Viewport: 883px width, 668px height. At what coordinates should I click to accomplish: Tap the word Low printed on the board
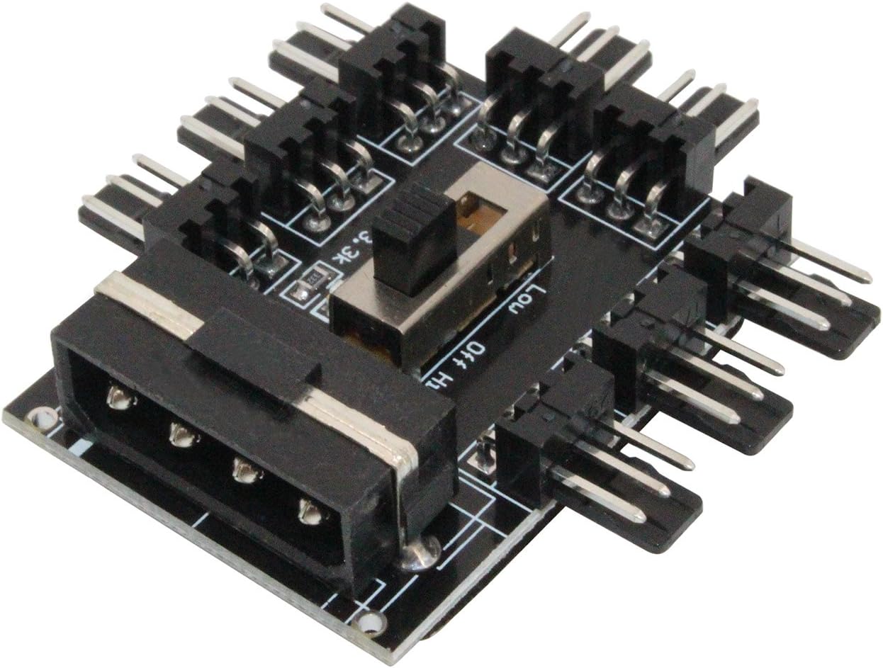click(527, 298)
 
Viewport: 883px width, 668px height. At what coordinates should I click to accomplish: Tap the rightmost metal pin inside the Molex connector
click(309, 510)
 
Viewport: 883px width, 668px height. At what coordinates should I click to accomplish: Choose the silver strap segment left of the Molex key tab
click(145, 305)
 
